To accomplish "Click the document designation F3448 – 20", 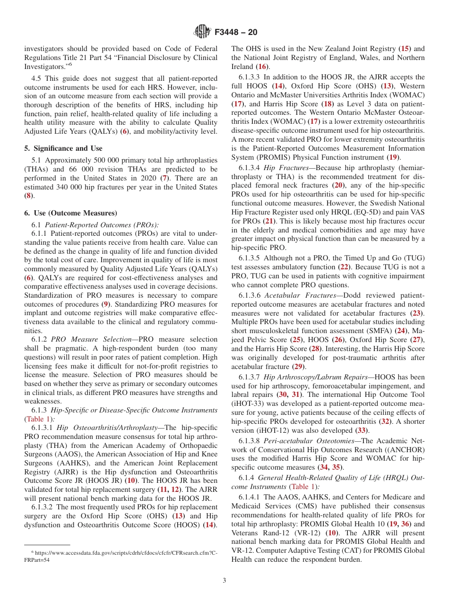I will [x=236, y=33].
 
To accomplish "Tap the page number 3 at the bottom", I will [x=224, y=581].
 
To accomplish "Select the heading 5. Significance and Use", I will [x=63, y=148].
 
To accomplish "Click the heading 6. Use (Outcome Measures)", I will [x=70, y=213].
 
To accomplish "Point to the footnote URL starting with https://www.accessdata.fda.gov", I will [x=121, y=552].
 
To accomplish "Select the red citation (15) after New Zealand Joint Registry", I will [x=405, y=49].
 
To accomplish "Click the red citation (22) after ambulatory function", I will [x=344, y=267].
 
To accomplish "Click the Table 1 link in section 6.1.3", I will [x=38, y=419].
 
